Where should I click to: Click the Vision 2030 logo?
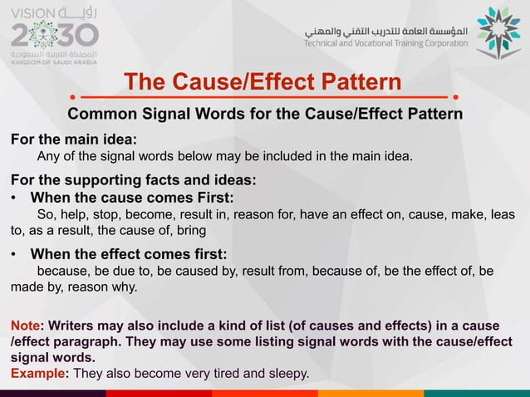tap(55, 33)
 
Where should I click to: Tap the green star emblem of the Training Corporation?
tap(498, 32)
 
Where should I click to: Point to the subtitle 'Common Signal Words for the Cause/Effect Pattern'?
tap(265, 114)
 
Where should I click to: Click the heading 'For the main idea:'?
tap(73, 138)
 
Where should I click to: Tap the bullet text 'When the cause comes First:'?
tap(132, 198)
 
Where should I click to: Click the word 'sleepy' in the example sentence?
tap(287, 373)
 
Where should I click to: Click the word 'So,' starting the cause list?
tap(47, 214)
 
